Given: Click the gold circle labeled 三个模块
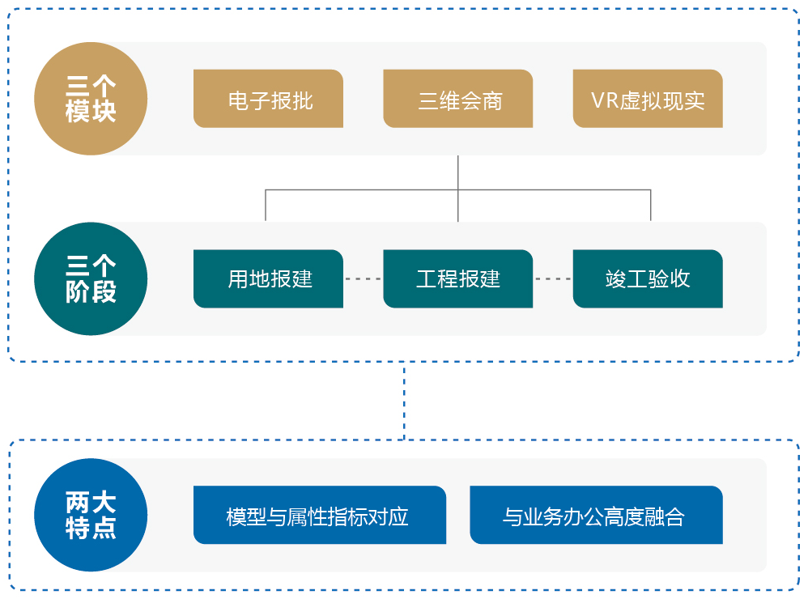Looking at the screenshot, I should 91,99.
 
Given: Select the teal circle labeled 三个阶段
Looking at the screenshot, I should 91,278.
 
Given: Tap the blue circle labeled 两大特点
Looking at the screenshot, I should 91,515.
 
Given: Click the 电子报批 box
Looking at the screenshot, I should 268,99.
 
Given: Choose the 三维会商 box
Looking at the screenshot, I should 457,99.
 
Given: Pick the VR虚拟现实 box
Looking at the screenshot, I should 647,99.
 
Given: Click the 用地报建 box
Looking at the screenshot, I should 268,278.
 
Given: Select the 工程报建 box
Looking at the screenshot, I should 457,278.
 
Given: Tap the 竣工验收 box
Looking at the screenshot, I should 647,278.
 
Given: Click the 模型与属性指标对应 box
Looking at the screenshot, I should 319,515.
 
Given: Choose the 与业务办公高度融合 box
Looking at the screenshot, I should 595,515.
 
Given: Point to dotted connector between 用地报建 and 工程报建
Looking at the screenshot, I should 363,278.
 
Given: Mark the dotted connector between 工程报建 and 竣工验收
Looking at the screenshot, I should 552,278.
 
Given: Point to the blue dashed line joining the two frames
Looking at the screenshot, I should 404,401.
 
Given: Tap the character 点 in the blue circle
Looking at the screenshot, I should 104,529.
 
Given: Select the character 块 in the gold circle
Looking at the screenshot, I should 104,112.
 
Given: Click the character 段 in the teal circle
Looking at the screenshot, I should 104,291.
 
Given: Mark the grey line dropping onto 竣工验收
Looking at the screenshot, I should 651,206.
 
